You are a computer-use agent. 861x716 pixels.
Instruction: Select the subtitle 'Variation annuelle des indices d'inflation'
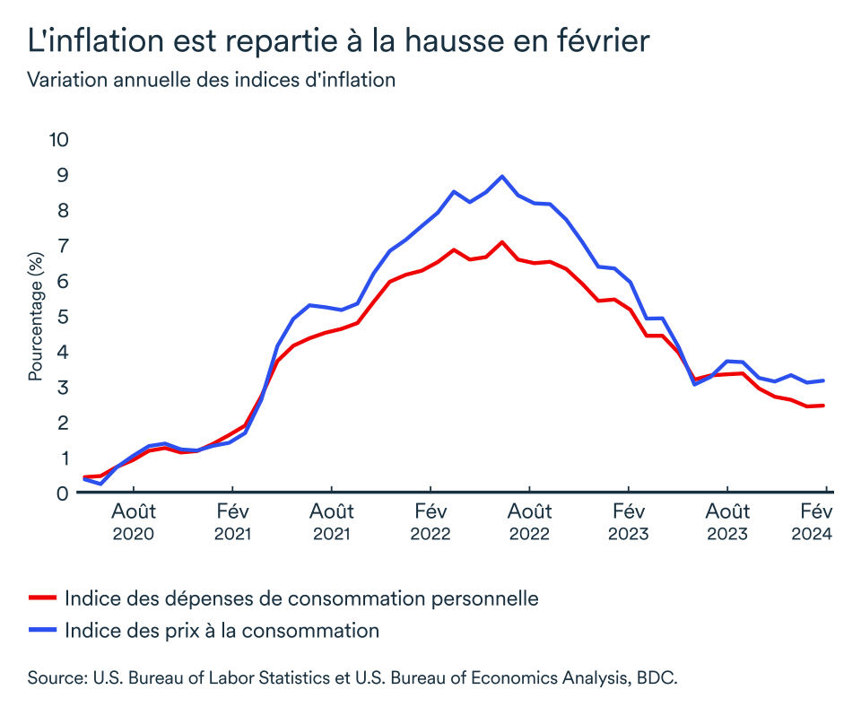click(212, 80)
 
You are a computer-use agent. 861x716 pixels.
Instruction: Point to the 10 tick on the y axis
click(58, 140)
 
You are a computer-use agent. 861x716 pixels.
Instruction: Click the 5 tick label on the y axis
click(63, 317)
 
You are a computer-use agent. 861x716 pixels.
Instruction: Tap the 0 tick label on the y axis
click(63, 493)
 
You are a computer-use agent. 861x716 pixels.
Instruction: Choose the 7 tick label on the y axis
click(63, 246)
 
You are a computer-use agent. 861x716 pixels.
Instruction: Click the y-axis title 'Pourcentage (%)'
click(36, 316)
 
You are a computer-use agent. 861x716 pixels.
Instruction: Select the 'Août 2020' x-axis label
click(134, 522)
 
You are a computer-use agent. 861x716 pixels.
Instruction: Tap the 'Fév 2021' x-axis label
click(232, 522)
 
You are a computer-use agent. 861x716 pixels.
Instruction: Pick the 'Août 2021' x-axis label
click(332, 522)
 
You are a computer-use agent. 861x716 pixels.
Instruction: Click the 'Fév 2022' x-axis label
click(430, 522)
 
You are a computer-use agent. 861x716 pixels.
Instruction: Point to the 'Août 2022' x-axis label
click(529, 522)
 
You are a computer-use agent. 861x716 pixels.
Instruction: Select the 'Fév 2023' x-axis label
click(629, 522)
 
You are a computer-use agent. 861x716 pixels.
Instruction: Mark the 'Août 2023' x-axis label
click(727, 522)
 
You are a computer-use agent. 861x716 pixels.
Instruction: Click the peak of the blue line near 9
click(501, 177)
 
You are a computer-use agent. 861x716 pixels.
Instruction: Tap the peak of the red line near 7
click(502, 242)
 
